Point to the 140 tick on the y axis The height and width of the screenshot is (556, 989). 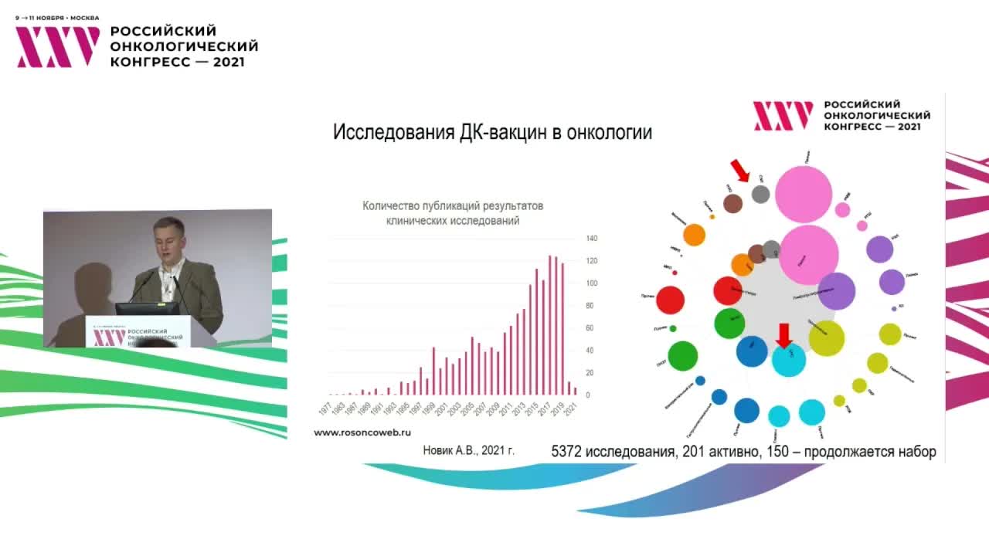tap(592, 238)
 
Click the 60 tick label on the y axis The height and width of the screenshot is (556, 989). tap(590, 328)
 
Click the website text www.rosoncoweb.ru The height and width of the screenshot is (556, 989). tap(362, 433)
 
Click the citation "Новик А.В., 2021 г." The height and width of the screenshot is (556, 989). tap(468, 450)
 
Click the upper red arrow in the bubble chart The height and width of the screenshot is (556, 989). tap(740, 170)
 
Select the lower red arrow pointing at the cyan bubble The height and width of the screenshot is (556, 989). tap(783, 336)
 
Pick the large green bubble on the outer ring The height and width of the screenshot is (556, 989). tap(683, 356)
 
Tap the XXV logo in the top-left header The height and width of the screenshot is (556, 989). tap(58, 47)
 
